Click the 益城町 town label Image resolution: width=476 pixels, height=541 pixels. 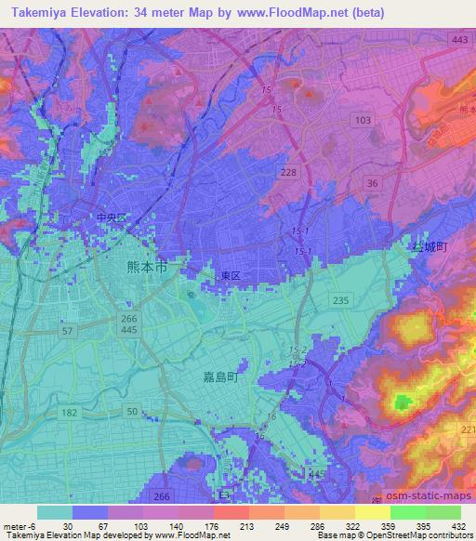click(x=430, y=247)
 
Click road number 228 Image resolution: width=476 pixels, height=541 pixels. click(x=289, y=173)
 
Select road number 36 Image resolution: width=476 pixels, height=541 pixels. click(x=373, y=184)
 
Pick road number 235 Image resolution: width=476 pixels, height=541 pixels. click(x=341, y=298)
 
